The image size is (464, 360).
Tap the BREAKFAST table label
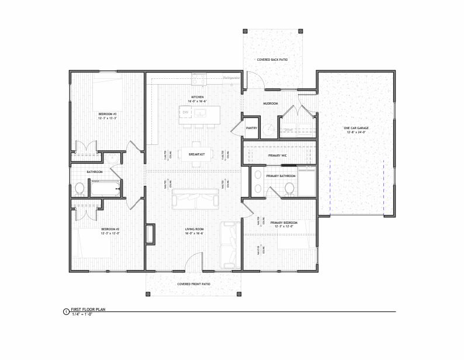point(196,154)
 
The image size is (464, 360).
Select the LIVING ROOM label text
point(194,229)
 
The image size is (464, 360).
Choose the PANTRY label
point(252,127)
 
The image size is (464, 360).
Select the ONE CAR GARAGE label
point(355,129)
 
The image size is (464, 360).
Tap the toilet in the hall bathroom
point(79,189)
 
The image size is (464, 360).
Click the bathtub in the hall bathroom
point(105,188)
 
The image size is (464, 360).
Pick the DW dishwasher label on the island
point(185,112)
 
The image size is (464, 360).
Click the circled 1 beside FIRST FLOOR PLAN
point(65,313)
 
